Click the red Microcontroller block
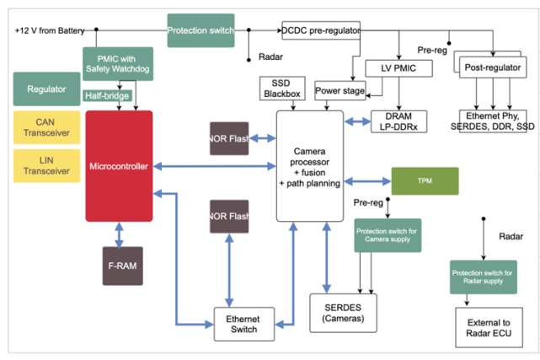tap(119, 166)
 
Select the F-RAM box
tap(123, 266)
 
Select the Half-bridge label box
tap(107, 96)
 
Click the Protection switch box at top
tap(200, 30)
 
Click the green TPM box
tap(425, 181)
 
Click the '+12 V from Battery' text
tap(49, 30)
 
